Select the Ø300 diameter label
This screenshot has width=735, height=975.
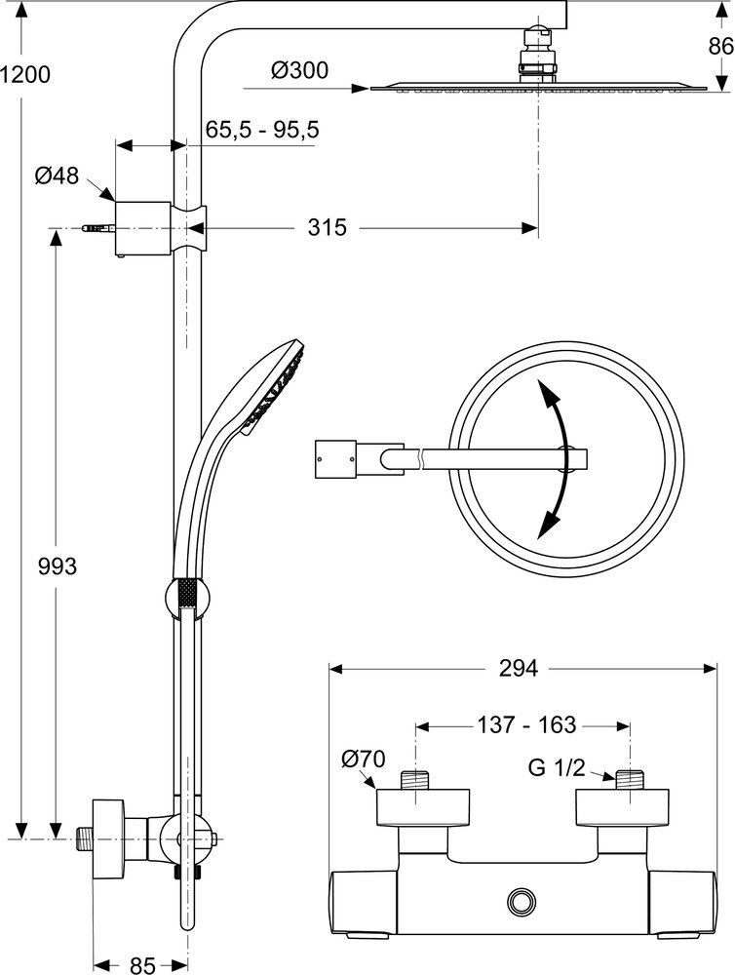[299, 70]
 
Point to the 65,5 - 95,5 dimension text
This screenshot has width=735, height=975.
[262, 130]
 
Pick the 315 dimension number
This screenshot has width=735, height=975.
[328, 228]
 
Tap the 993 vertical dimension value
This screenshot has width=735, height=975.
[56, 565]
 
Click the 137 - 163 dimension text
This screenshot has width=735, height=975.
[527, 725]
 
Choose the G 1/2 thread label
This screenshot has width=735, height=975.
[556, 766]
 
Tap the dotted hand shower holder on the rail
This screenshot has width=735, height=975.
[185, 594]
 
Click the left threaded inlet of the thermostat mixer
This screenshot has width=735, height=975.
[417, 780]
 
